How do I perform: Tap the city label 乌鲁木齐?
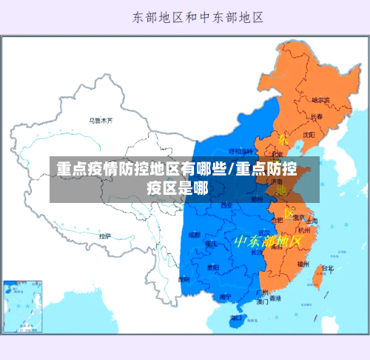(x=101, y=120)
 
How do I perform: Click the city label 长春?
(x=317, y=117)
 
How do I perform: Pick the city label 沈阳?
(x=309, y=134)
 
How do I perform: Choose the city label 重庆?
(x=212, y=243)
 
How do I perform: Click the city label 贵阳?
(x=213, y=267)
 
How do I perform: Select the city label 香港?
(x=275, y=299)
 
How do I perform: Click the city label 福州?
(x=303, y=263)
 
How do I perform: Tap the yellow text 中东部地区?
(x=269, y=241)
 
